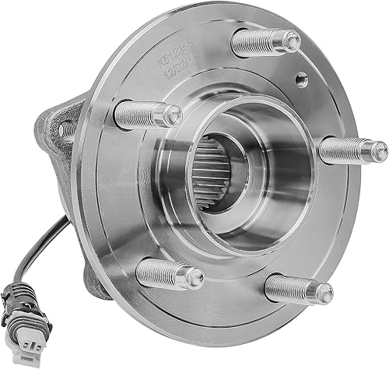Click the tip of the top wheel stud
(x=292, y=40)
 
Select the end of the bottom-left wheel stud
(x=194, y=276)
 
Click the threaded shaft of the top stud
(x=261, y=42)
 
